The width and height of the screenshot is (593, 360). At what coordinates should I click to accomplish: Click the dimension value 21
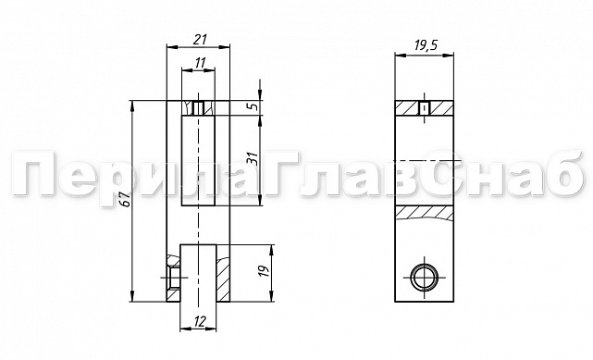[x=201, y=39]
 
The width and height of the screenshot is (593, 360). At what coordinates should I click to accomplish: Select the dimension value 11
[x=200, y=63]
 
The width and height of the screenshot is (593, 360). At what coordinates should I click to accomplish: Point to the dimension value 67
[x=127, y=200]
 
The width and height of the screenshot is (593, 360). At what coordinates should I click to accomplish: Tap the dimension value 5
[x=254, y=106]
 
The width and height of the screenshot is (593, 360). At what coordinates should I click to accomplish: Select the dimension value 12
[x=199, y=321]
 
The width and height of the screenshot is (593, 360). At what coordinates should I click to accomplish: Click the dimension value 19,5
[x=425, y=45]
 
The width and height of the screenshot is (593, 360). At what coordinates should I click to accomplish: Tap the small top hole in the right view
[x=425, y=108]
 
